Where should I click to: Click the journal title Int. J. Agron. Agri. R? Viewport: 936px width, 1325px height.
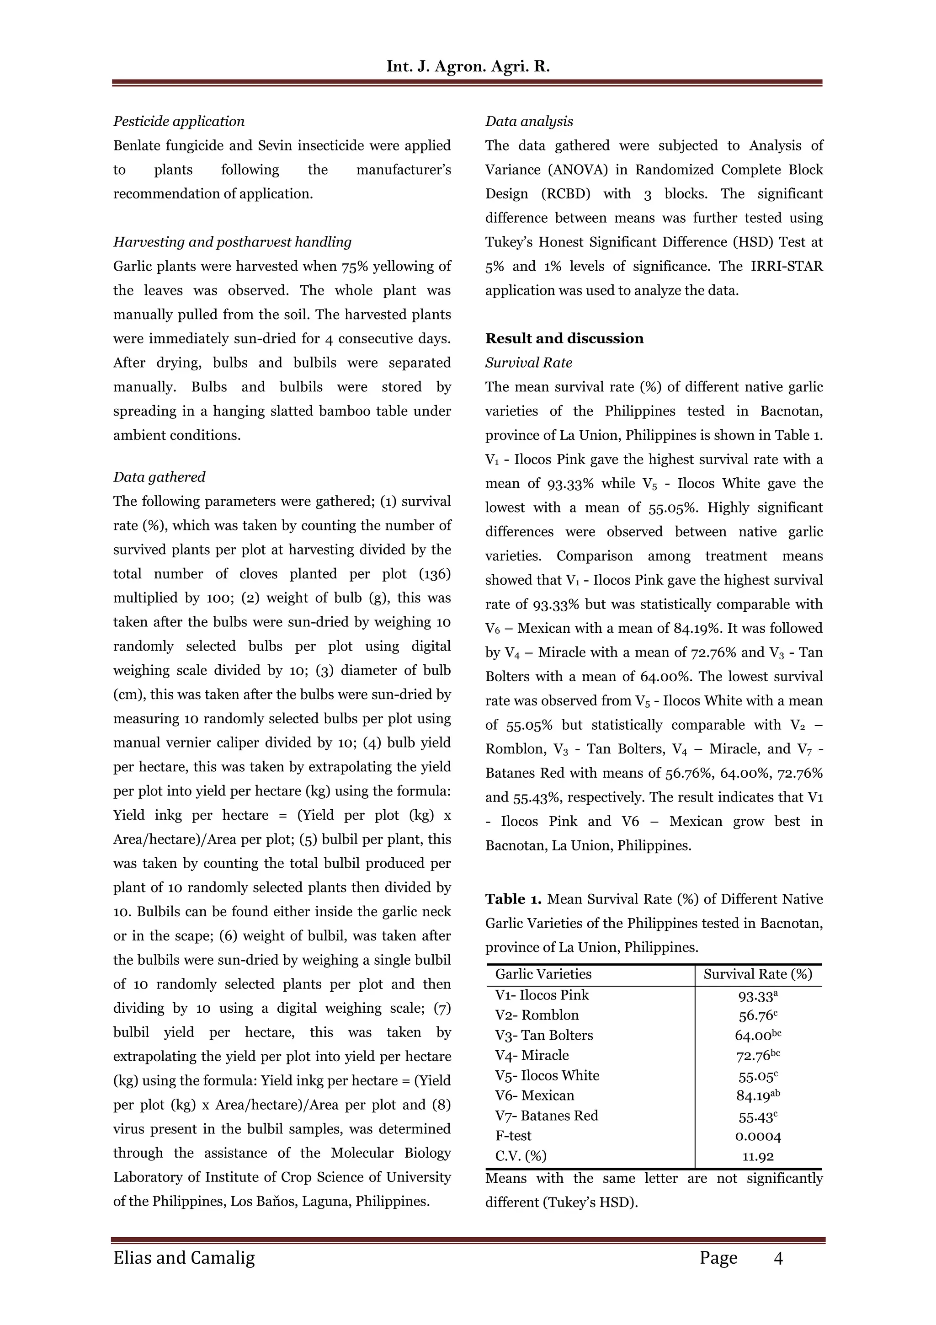(468, 66)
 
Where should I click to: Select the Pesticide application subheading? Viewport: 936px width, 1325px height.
(179, 121)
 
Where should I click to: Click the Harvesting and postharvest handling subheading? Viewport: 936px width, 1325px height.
(232, 242)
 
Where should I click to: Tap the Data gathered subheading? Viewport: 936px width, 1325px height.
(159, 477)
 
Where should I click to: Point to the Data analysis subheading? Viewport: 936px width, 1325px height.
(529, 121)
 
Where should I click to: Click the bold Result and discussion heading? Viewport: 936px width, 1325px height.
(564, 338)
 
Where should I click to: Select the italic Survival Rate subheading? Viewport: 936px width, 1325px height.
(528, 363)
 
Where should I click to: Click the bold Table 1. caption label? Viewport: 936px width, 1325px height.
(513, 899)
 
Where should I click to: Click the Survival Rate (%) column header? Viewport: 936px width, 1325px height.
(757, 974)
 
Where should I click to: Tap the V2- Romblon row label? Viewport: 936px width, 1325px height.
(537, 1015)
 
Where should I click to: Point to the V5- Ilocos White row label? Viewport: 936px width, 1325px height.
(547, 1076)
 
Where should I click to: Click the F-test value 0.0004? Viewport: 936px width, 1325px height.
(758, 1137)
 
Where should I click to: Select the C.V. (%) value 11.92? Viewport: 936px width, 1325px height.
(758, 1156)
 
